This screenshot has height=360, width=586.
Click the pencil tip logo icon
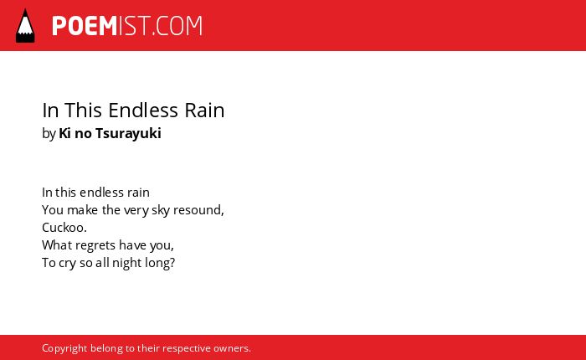pyautogui.click(x=25, y=25)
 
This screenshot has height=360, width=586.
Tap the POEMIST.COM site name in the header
pyautogui.click(x=127, y=26)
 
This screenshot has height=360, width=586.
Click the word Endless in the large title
pyautogui.click(x=143, y=111)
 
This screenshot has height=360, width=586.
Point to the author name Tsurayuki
pyautogui.click(x=128, y=133)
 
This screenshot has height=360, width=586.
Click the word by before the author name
pyautogui.click(x=49, y=133)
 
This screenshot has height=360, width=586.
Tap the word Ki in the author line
pyautogui.click(x=64, y=133)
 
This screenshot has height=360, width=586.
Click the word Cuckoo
pyautogui.click(x=64, y=227)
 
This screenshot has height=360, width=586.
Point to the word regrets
pyautogui.click(x=97, y=245)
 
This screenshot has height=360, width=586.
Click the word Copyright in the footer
pyautogui.click(x=64, y=348)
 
